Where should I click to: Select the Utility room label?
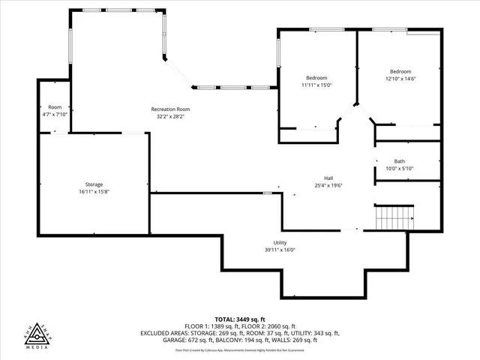[x=280, y=243]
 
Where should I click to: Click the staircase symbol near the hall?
[x=394, y=218]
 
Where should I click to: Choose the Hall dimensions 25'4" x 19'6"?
[x=328, y=184]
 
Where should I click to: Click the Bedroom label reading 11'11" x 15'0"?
[x=316, y=78]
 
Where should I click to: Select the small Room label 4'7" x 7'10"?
[x=55, y=107]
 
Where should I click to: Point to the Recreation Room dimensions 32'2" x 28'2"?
[x=170, y=117]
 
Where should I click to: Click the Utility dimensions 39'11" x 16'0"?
[x=280, y=250]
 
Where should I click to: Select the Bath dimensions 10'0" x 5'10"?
[x=399, y=168]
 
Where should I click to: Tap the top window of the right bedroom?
[x=390, y=30]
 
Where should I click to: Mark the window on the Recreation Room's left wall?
[x=70, y=49]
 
